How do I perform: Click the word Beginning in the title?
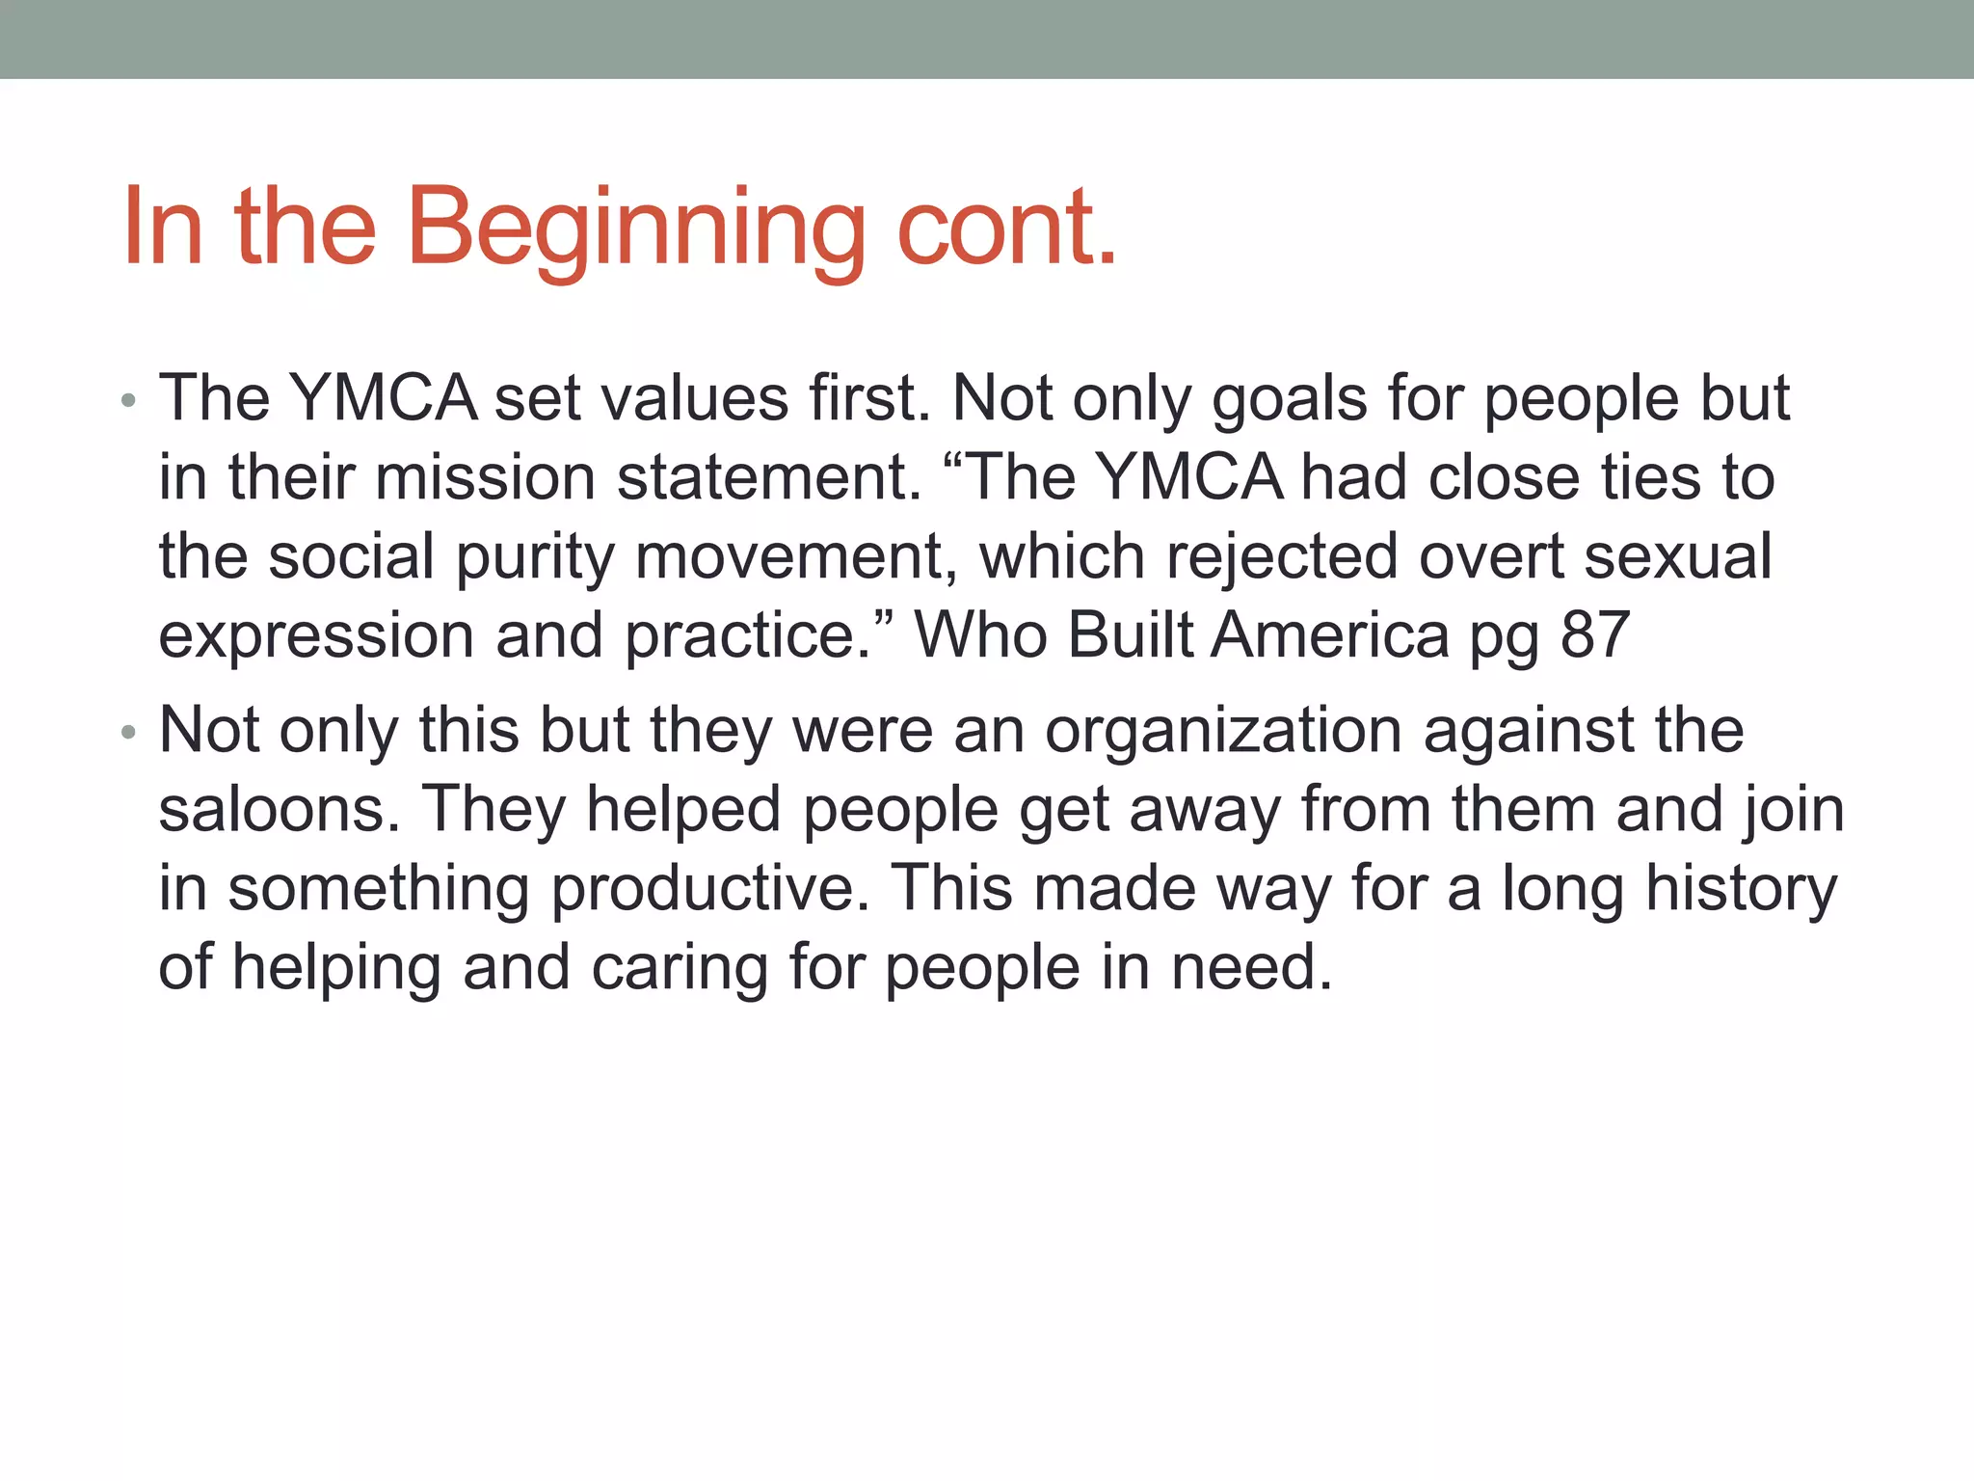(x=636, y=229)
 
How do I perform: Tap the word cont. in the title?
(x=1006, y=229)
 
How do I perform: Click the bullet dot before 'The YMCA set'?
(x=129, y=401)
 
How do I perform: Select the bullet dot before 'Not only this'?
(x=129, y=734)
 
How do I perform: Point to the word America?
(x=1329, y=635)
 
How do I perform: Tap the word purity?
(x=534, y=558)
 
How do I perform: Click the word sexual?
(x=1678, y=556)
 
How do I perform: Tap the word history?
(x=1741, y=889)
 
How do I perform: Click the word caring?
(x=679, y=969)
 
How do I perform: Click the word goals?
(x=1289, y=400)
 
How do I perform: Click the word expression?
(x=316, y=637)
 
